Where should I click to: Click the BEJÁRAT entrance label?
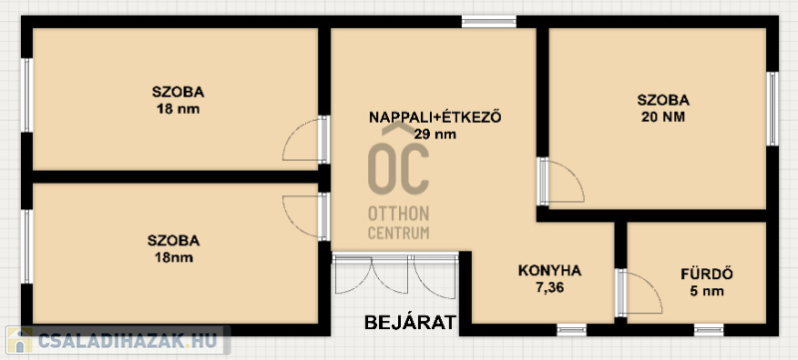pos(410,322)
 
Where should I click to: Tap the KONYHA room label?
pos(550,270)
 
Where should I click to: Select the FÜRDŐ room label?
pos(706,274)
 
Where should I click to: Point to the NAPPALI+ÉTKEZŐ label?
pos(435,118)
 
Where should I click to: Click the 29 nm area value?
pos(435,135)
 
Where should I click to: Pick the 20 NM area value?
pos(663,118)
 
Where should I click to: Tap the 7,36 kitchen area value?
pos(550,288)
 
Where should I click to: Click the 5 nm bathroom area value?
pos(706,291)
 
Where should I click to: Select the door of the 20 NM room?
pos(561,181)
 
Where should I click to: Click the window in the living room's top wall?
pos(489,21)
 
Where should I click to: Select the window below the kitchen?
pos(572,330)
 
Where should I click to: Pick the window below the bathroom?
pos(709,330)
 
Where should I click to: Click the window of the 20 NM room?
pos(772,109)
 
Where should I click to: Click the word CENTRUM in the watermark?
pos(398,233)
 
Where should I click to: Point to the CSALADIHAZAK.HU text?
pos(128,340)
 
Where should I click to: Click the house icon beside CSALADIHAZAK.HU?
pos(19,340)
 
